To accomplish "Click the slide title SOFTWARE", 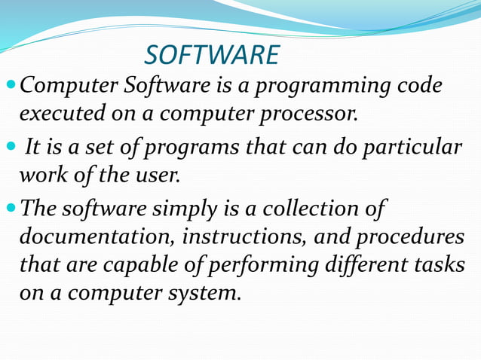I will pos(212,55).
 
